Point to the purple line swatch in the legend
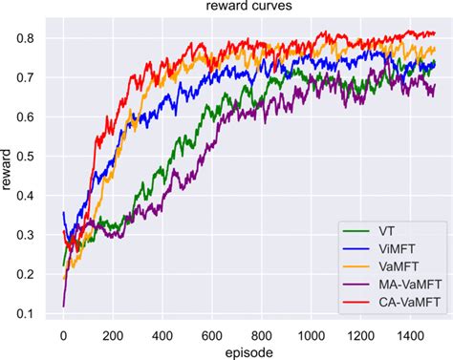coord(356,285)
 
